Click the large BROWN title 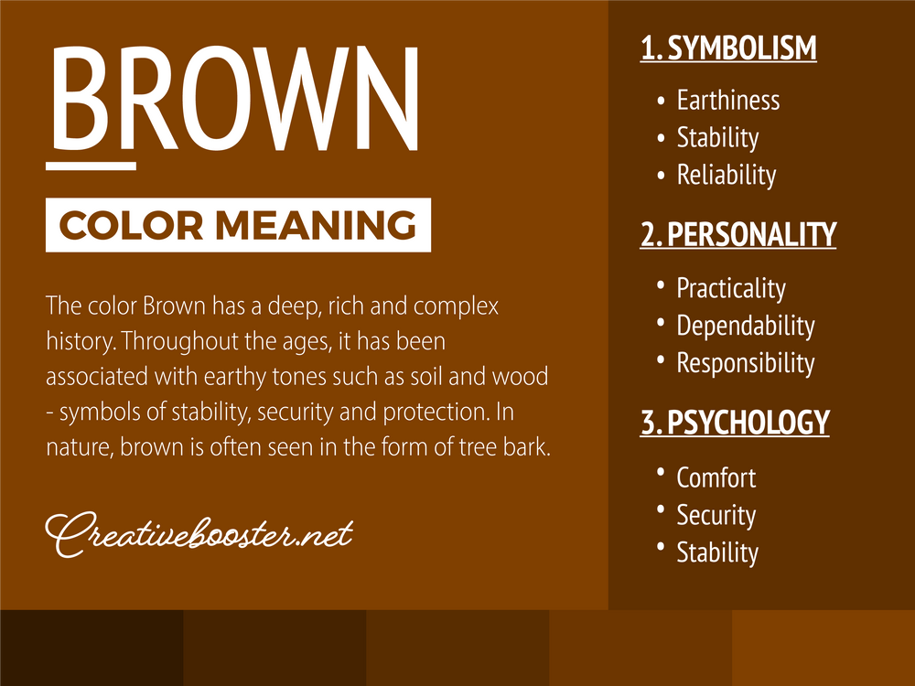point(236,98)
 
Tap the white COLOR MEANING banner point(238,224)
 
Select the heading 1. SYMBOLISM point(728,48)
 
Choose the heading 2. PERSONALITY point(737,235)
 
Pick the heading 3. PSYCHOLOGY point(734,423)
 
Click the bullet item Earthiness point(727,100)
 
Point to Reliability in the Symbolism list point(726,175)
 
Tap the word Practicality point(730,288)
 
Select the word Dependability point(745,326)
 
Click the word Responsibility point(745,363)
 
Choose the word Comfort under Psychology point(716,477)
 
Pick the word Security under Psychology point(716,515)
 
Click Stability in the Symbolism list point(717,137)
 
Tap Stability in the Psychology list point(717,552)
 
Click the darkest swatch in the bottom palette point(91,648)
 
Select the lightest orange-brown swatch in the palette point(823,648)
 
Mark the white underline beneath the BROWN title point(91,166)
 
